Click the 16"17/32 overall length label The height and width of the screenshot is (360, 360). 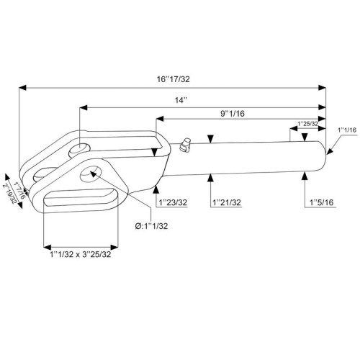click(x=174, y=79)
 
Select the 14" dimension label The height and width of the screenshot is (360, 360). click(x=181, y=100)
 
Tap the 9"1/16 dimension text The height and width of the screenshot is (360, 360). click(x=233, y=113)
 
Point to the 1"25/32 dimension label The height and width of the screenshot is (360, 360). click(x=307, y=124)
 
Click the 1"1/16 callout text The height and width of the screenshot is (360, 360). click(x=347, y=130)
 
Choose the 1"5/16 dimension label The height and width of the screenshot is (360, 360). click(x=322, y=202)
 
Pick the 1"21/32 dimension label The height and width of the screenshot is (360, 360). click(x=227, y=202)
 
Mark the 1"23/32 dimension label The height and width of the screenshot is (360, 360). click(x=173, y=202)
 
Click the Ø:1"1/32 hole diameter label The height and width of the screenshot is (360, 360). click(x=151, y=226)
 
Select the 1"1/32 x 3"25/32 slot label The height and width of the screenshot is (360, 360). click(x=81, y=254)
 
